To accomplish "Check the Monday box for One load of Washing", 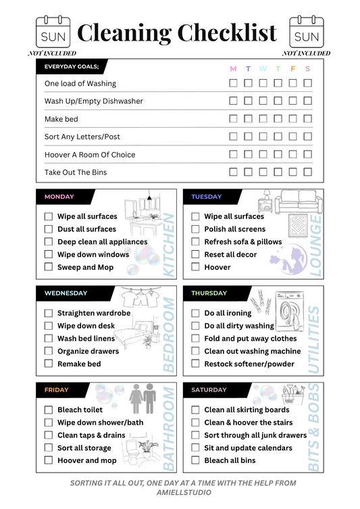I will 234,83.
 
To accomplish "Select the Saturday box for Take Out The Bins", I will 308,172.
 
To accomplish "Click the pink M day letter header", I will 234,68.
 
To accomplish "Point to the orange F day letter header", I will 293,68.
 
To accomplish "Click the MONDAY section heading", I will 59,197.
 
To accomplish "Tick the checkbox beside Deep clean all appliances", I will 49,241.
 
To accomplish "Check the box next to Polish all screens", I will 195,229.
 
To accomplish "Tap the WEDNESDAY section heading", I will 66,293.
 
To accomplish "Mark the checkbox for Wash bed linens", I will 49,339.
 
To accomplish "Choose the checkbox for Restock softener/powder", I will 195,364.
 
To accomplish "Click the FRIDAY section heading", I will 57,390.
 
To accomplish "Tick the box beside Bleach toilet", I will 49,410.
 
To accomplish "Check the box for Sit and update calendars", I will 195,447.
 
